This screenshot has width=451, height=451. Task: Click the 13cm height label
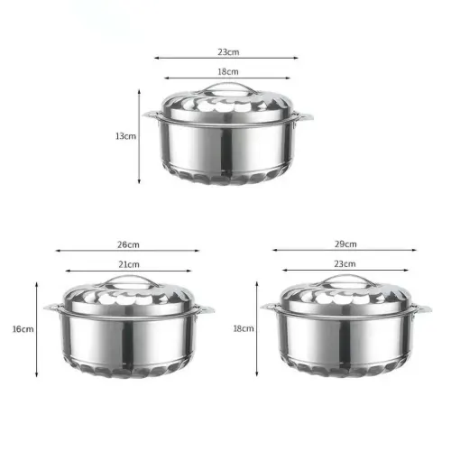125,136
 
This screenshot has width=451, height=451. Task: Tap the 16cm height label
23,329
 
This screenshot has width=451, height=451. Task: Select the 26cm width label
128,244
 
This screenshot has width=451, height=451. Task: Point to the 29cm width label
345,244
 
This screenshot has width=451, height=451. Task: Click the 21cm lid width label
129,264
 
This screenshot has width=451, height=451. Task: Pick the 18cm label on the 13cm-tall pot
228,71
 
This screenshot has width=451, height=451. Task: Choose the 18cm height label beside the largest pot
244,328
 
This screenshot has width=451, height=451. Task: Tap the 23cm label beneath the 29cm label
345,263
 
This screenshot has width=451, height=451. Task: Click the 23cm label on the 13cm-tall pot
228,51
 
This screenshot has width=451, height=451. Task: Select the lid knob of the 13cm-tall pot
227,88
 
